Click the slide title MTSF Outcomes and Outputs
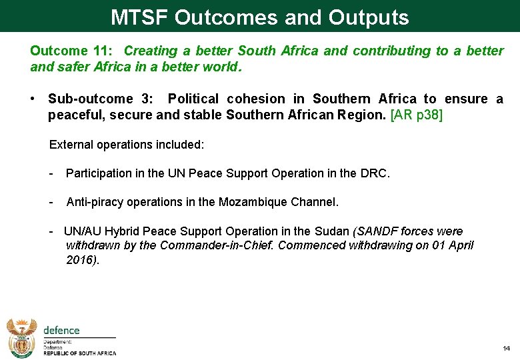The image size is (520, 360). tap(259, 17)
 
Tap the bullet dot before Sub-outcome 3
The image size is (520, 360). tap(33, 99)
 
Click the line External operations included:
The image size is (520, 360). tap(127, 144)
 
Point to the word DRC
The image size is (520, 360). tap(373, 173)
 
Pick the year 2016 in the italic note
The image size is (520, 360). tap(81, 259)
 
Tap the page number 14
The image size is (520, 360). tap(506, 349)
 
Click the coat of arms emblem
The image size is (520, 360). tap(21, 337)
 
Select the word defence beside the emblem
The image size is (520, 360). tap(61, 331)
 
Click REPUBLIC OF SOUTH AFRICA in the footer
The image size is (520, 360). tap(79, 353)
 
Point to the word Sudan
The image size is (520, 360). tap(331, 231)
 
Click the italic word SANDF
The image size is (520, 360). tap(377, 231)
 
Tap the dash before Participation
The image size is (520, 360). tap(51, 173)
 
